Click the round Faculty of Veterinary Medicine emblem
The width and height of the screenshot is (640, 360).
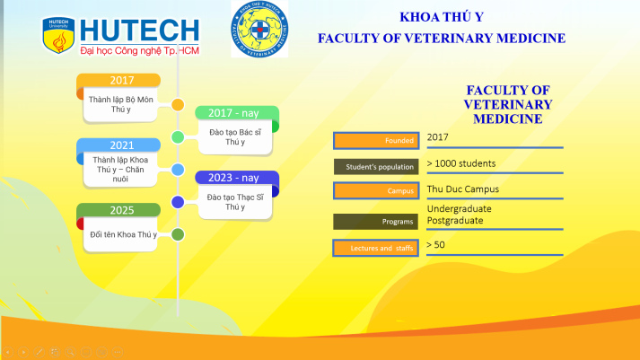(x=259, y=29)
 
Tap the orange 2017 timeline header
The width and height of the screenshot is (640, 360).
(x=121, y=81)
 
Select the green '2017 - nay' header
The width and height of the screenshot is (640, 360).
(x=237, y=113)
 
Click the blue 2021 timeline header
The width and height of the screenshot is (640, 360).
(x=121, y=145)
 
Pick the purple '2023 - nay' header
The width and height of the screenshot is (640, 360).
(x=237, y=178)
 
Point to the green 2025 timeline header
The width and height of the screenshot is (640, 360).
(x=121, y=211)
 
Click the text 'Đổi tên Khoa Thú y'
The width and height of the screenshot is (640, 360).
(x=124, y=234)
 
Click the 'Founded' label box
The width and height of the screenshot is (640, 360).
(x=374, y=140)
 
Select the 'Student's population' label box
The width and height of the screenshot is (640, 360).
(x=374, y=166)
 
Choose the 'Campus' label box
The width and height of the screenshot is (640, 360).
(x=374, y=191)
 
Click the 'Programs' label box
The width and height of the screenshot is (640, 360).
(x=374, y=221)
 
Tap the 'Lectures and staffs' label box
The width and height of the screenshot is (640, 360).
(x=374, y=248)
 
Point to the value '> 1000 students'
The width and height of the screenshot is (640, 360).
(x=461, y=163)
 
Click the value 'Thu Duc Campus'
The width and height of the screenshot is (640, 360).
(x=463, y=189)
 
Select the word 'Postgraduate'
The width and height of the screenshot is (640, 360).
(x=455, y=220)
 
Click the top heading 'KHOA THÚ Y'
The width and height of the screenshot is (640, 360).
(x=441, y=17)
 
